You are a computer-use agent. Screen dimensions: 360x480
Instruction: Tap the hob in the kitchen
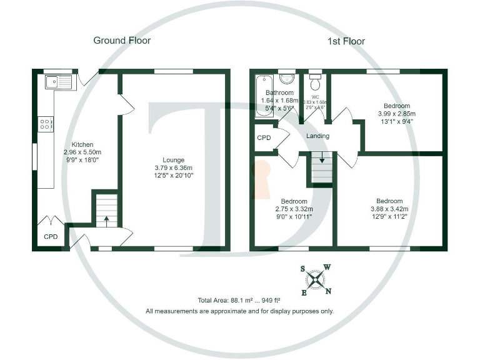(46, 124)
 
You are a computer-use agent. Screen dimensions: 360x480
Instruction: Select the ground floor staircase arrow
(106, 219)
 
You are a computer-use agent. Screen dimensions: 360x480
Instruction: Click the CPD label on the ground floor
(51, 237)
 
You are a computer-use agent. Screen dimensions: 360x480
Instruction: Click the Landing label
(317, 136)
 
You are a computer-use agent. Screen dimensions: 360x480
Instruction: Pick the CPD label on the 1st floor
(264, 137)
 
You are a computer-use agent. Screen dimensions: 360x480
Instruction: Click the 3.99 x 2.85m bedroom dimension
(396, 114)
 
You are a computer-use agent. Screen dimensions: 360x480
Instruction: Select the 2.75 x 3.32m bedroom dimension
(294, 209)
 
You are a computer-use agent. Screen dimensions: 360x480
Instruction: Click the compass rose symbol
(317, 279)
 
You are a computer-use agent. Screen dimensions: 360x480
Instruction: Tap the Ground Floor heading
(122, 41)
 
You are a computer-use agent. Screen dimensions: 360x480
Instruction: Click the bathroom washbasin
(287, 79)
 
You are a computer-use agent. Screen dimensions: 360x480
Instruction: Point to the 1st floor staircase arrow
(322, 159)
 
